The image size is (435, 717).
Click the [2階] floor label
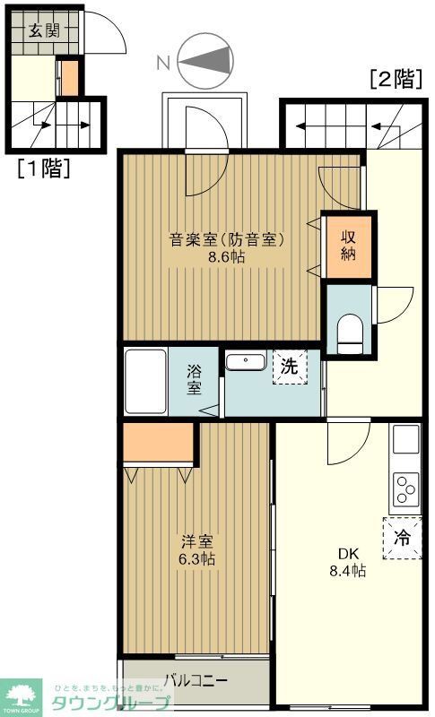(396, 79)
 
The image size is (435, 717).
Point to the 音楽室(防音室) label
(228, 239)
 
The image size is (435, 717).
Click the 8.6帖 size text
(228, 256)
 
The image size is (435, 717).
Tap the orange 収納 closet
(348, 244)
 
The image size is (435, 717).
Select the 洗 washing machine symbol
(290, 367)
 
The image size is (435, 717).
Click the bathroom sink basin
(244, 362)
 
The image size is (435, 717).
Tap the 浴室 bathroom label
(195, 380)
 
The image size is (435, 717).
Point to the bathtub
(145, 382)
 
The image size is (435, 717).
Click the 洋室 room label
(196, 541)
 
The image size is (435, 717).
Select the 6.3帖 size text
(196, 559)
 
